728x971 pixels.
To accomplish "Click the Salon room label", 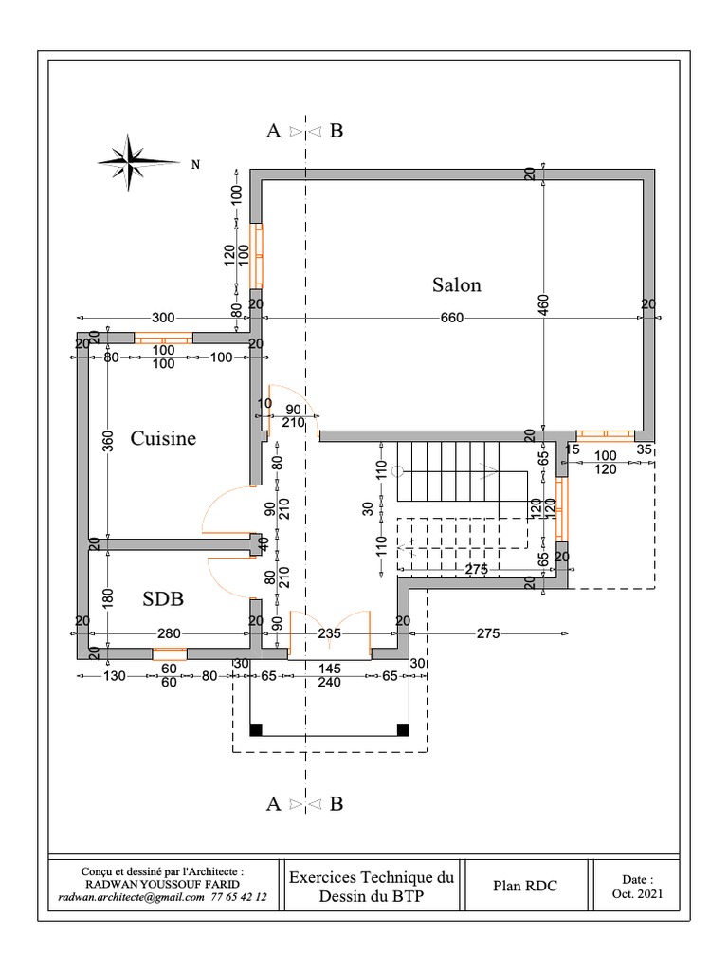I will pyautogui.click(x=457, y=284).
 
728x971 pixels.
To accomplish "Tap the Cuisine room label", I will pyautogui.click(x=163, y=438).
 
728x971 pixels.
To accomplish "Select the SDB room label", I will pyautogui.click(x=163, y=599).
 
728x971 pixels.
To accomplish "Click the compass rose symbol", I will pyautogui.click(x=130, y=159).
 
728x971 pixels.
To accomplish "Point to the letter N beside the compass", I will pyautogui.click(x=196, y=165).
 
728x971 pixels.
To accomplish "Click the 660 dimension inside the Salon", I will pyautogui.click(x=452, y=318).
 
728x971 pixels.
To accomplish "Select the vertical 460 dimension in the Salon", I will pyautogui.click(x=544, y=303).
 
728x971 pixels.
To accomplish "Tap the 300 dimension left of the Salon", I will pyautogui.click(x=164, y=318).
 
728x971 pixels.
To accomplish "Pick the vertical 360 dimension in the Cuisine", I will pyautogui.click(x=109, y=442).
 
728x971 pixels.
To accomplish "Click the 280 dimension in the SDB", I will pyautogui.click(x=169, y=633).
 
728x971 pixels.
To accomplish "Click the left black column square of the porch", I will pyautogui.click(x=255, y=729).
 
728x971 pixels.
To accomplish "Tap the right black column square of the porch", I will pyautogui.click(x=402, y=729).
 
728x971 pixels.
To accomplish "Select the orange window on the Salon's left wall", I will pyautogui.click(x=256, y=255).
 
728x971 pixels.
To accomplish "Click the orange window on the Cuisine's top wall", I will pyautogui.click(x=163, y=338).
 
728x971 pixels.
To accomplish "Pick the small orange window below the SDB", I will pyautogui.click(x=170, y=652).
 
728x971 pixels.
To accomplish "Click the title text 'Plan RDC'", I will pyautogui.click(x=525, y=887).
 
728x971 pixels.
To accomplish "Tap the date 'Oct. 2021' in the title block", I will pyautogui.click(x=637, y=894).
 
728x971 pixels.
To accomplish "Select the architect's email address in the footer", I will pyautogui.click(x=131, y=896).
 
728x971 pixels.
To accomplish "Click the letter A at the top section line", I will pyautogui.click(x=273, y=131).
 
